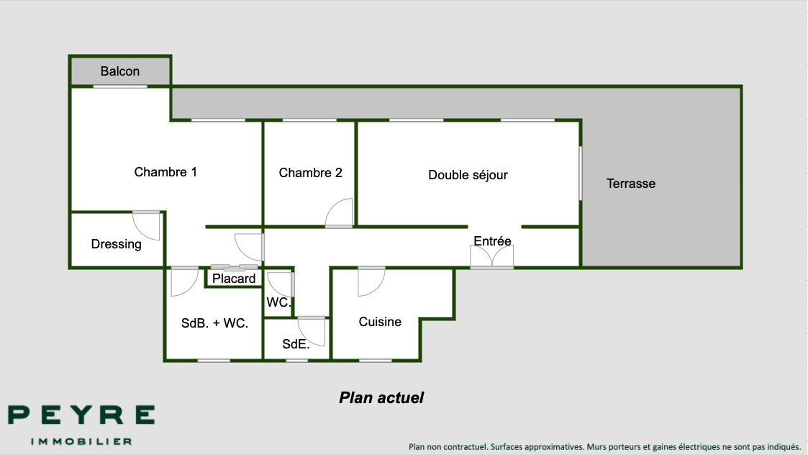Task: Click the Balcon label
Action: point(120,71)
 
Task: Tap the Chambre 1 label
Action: point(165,172)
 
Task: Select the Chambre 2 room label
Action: point(310,173)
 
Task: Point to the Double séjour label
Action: point(468,175)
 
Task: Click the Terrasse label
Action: point(631,184)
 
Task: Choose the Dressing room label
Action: point(117,244)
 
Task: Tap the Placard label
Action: point(234,279)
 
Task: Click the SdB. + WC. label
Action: point(214,323)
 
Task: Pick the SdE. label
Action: point(296,344)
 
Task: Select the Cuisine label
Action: point(380,322)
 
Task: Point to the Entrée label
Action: point(492,241)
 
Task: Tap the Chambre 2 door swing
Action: point(339,214)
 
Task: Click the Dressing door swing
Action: point(147,225)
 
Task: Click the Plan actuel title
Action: point(381,397)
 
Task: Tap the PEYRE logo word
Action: point(81,415)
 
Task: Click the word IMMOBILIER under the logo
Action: point(81,441)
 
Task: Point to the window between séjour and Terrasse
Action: point(581,174)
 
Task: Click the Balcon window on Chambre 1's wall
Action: point(120,86)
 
